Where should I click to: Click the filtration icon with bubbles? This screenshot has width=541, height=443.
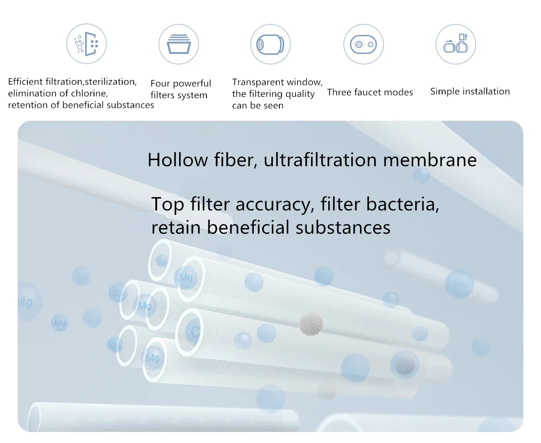coord(86,44)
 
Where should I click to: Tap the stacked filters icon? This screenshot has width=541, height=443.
coord(179,44)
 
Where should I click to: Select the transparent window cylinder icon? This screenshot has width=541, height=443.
coord(270,44)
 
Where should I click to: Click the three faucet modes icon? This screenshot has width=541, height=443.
coord(364,44)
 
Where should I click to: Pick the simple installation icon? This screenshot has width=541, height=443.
coord(455,44)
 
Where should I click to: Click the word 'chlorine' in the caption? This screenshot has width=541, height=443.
coord(89,93)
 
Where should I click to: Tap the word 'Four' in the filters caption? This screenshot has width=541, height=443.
coord(160,83)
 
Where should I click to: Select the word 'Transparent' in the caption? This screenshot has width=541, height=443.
coord(255,82)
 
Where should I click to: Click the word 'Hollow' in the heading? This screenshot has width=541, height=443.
coord(177,160)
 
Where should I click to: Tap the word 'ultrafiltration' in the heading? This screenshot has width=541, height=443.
coord(320,160)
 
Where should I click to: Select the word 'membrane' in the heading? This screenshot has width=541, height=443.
coord(430,160)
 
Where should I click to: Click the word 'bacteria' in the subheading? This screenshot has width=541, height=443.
coord(402,204)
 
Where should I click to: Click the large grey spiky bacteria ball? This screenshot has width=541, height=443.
coord(311,324)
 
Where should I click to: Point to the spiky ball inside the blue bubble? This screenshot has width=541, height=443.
coord(405,364)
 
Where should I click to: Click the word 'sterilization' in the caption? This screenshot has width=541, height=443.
coord(111,82)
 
